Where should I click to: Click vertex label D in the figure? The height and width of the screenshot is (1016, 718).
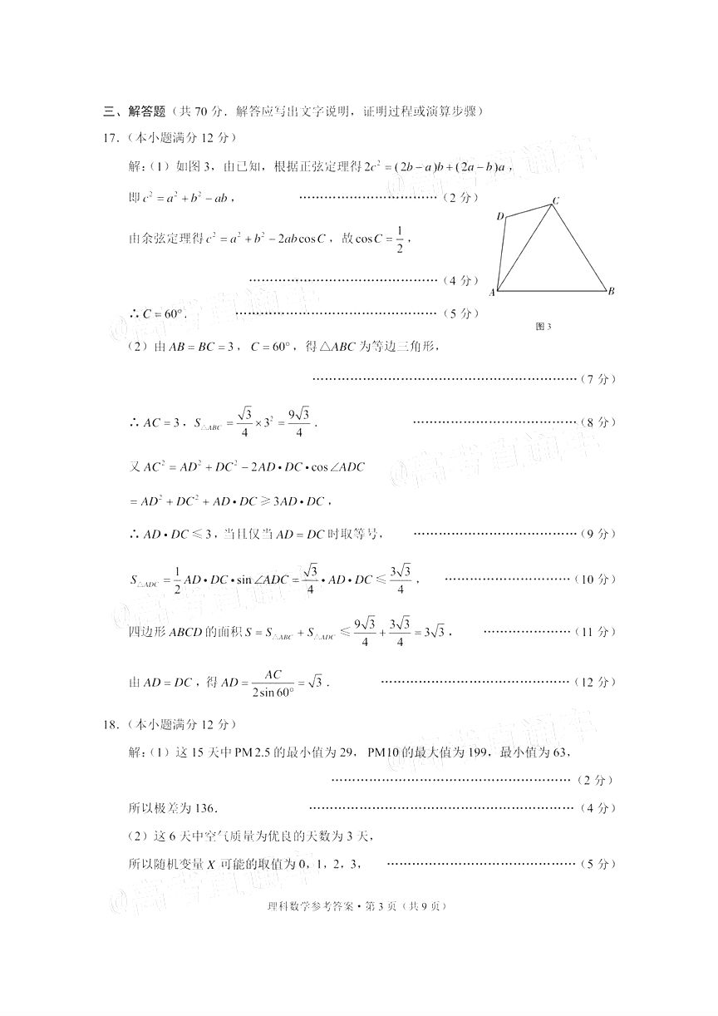pos(500,217)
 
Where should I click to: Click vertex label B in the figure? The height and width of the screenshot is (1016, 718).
pos(611,291)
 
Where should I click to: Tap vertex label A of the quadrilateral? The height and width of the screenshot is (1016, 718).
pos(493,293)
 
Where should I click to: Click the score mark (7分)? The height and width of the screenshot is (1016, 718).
pos(598,379)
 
